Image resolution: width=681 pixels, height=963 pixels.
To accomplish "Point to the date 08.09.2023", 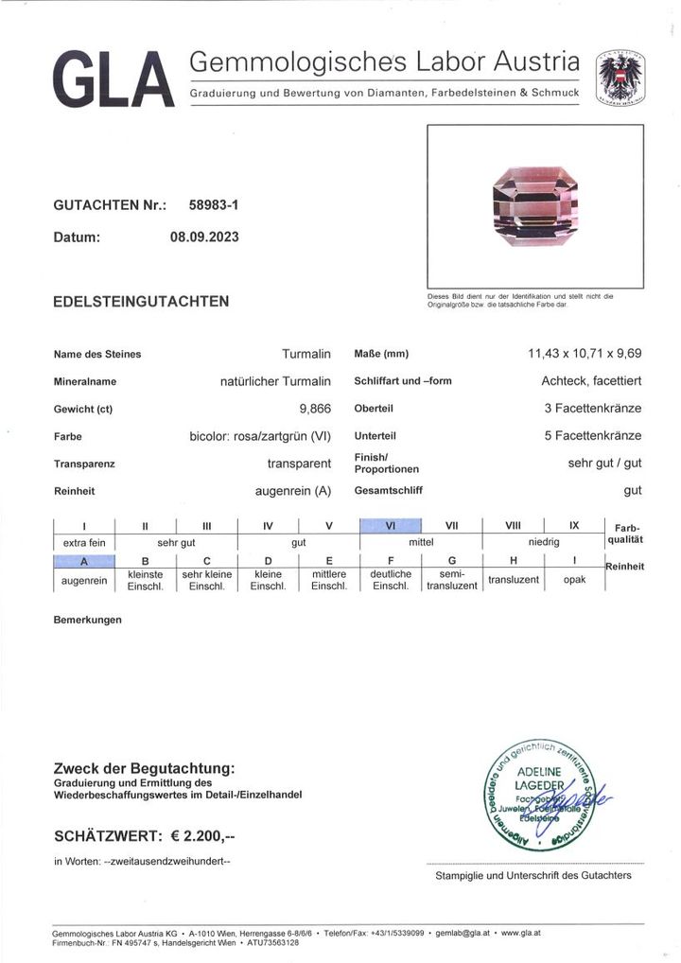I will (204, 237).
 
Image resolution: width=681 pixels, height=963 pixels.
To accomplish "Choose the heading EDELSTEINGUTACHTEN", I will (141, 302).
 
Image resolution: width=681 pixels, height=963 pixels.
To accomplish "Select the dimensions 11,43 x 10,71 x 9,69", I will (585, 354).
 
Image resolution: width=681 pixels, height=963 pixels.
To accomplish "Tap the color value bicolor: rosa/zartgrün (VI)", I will (260, 436).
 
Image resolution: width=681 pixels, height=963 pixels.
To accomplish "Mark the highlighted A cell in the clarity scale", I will (84, 561).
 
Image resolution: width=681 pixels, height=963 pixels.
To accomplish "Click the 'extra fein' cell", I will (83, 543).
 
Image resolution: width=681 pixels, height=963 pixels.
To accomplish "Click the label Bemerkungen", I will (88, 620).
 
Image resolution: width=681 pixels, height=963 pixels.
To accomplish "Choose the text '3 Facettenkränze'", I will (592, 409).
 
